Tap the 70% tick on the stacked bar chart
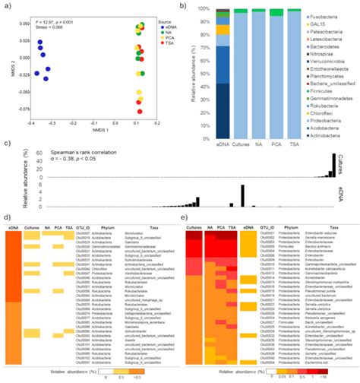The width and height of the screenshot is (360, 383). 203,44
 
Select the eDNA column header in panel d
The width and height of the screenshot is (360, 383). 13,227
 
